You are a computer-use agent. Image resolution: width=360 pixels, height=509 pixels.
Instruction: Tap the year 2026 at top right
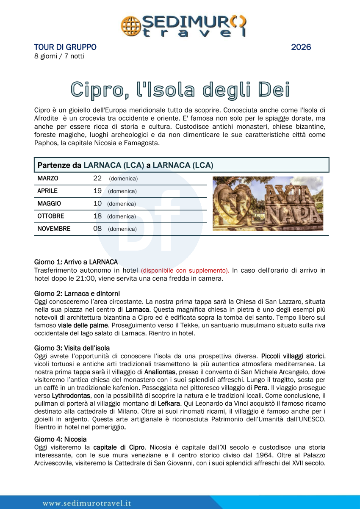pyautogui.click(x=301, y=47)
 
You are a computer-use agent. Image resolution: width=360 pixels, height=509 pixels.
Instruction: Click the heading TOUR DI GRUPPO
pyautogui.click(x=65, y=47)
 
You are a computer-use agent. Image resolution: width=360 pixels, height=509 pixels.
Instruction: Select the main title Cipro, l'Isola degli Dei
pyautogui.click(x=180, y=89)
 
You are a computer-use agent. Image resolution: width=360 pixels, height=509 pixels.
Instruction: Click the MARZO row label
pyautogui.click(x=48, y=178)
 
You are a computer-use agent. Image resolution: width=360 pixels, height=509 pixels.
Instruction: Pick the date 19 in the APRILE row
pyautogui.click(x=97, y=191)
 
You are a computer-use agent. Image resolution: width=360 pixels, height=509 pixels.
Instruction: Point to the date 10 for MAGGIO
pyautogui.click(x=97, y=204)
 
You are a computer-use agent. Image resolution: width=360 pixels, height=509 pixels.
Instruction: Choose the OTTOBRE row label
pyautogui.click(x=51, y=216)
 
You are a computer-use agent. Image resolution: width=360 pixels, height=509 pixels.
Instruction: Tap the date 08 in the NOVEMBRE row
pyautogui.click(x=97, y=229)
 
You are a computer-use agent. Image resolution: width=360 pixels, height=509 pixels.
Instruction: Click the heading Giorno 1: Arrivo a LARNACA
pyautogui.click(x=76, y=262)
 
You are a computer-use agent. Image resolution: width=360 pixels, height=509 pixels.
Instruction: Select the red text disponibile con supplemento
pyautogui.click(x=185, y=270)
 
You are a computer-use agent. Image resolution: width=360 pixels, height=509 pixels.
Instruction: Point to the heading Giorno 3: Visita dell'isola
pyautogui.click(x=72, y=349)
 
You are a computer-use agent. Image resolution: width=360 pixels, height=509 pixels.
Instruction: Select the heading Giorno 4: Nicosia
pyautogui.click(x=60, y=439)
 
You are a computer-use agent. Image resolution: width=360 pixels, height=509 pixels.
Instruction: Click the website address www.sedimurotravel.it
pyautogui.click(x=87, y=503)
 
